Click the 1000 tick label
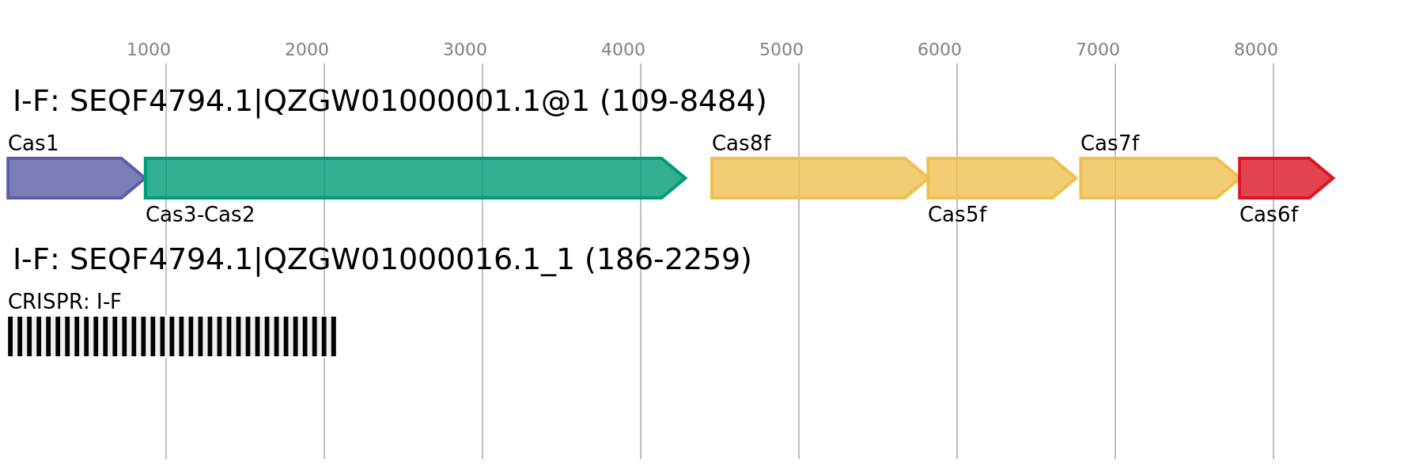[149, 50]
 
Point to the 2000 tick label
[306, 50]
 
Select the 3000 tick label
[464, 50]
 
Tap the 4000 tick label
[623, 50]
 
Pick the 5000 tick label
[781, 50]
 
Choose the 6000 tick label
[939, 50]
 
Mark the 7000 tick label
[1097, 50]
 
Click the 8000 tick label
[1255, 50]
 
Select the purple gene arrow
[67, 178]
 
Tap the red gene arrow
[1277, 178]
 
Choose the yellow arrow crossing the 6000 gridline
[997, 178]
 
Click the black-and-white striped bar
[172, 336]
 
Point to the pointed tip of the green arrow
[685, 178]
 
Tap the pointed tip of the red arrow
[1333, 178]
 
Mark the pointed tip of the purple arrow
[143, 178]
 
